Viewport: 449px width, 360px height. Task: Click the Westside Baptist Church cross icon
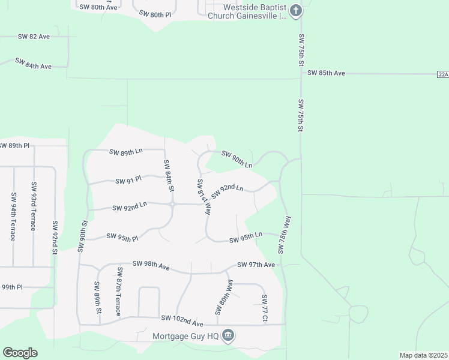click(295, 11)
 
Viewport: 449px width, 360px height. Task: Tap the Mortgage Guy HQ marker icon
click(228, 335)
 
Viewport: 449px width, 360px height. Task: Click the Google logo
click(20, 353)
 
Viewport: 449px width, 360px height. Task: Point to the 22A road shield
click(442, 74)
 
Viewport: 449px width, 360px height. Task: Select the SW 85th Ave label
click(326, 73)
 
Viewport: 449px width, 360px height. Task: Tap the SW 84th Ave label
click(34, 64)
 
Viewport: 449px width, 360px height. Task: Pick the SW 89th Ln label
click(126, 152)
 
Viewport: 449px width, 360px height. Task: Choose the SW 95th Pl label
click(122, 238)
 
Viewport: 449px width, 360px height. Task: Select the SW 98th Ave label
click(151, 265)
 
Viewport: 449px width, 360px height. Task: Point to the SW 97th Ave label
click(256, 265)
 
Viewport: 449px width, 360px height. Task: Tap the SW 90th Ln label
click(237, 159)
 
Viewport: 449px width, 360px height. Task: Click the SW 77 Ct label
click(264, 308)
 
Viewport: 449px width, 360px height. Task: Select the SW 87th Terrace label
click(119, 292)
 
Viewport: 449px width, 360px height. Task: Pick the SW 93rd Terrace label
click(34, 206)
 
